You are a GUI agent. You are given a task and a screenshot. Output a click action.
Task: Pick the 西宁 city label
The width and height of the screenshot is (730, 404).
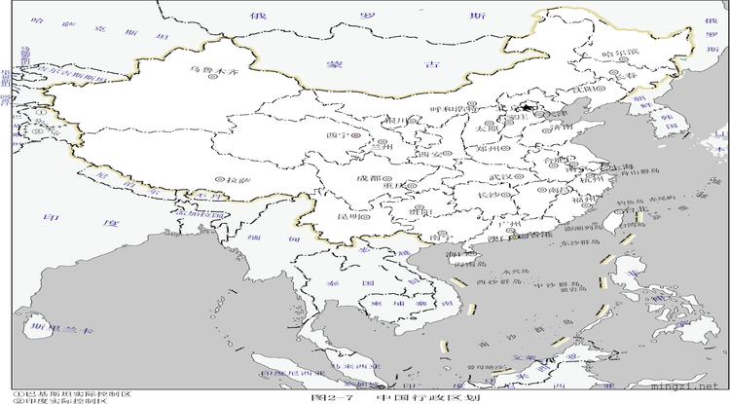[338, 134]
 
